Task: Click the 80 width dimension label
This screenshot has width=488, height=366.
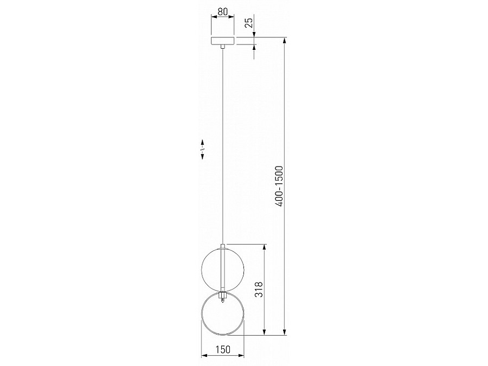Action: click(222, 12)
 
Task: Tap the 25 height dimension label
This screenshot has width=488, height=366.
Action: click(249, 23)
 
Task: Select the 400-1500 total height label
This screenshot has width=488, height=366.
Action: click(279, 187)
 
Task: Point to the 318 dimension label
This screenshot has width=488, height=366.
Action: click(259, 290)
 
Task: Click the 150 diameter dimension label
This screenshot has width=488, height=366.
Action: click(223, 350)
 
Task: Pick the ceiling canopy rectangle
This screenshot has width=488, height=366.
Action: click(222, 41)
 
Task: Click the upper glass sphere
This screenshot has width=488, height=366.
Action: click(222, 270)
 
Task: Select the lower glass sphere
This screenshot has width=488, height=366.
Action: click(222, 313)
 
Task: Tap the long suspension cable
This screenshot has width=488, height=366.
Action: click(222, 146)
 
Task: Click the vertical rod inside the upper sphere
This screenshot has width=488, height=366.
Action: click(222, 269)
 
